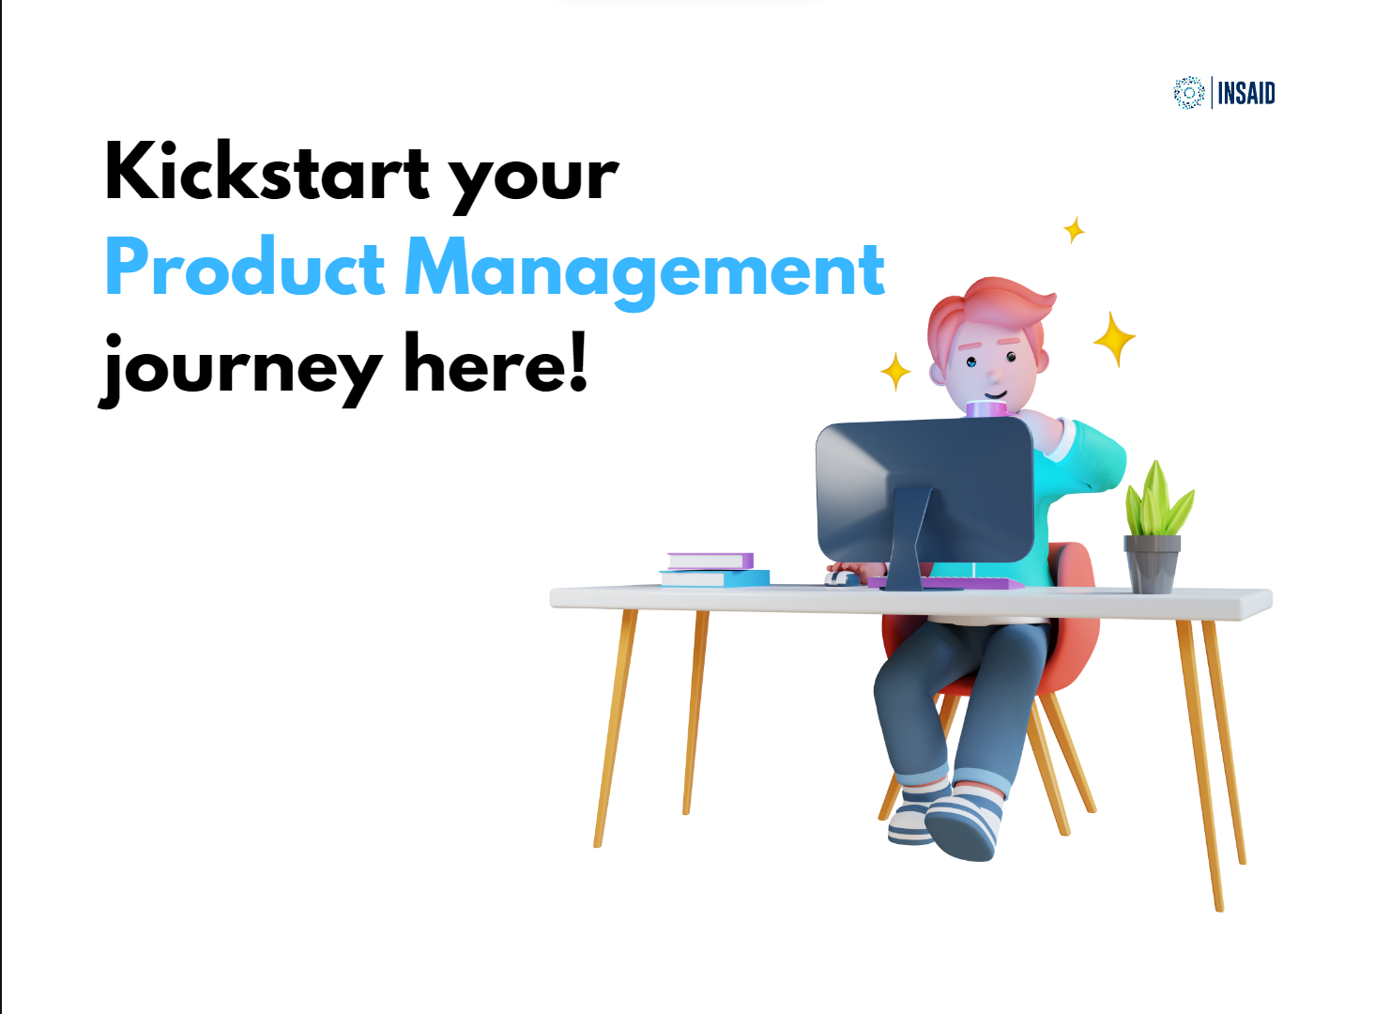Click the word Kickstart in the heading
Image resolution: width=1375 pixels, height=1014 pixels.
point(267,173)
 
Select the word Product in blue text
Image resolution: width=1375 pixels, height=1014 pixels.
point(244,268)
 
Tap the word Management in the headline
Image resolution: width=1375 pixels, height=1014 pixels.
point(645,270)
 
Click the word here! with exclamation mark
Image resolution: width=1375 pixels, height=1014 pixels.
point(495,362)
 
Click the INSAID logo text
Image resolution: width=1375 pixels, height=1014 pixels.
point(1246,93)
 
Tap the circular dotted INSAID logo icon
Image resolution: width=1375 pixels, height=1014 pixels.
point(1188,93)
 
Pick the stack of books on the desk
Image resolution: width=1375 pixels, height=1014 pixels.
point(713,570)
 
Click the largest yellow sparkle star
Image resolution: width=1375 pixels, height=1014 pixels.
point(1114,338)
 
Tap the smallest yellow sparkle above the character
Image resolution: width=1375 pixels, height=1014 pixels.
point(1074,229)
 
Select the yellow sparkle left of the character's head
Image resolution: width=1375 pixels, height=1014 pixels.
point(895,371)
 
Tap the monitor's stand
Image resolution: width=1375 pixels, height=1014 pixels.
point(906,545)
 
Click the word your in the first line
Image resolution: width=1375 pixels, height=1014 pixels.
point(533,178)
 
